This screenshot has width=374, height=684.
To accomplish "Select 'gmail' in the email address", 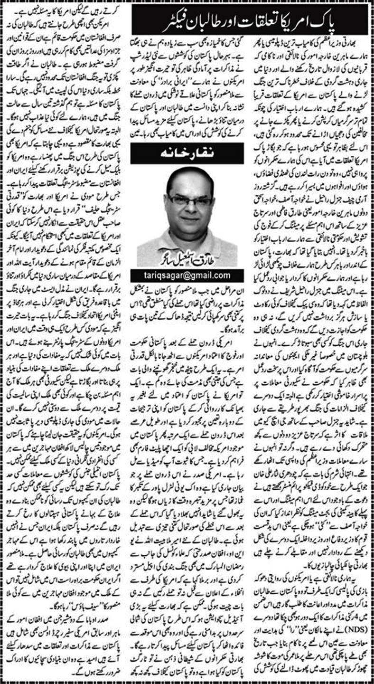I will [x=203, y=275].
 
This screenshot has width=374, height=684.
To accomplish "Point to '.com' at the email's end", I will [x=222, y=275].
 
